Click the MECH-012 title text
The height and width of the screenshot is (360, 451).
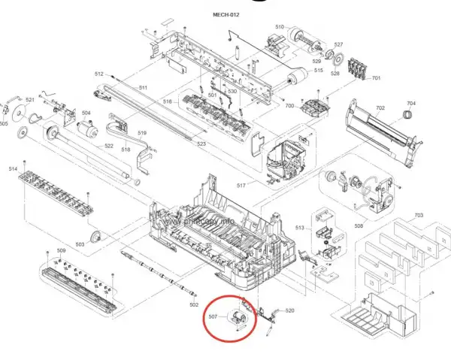(225, 14)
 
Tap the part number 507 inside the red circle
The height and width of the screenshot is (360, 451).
(213, 317)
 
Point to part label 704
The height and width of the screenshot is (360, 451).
(410, 103)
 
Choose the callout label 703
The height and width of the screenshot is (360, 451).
(419, 216)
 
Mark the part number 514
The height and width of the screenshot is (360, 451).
(12, 169)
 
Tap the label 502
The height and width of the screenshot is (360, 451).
(194, 304)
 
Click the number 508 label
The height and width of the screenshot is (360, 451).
(359, 225)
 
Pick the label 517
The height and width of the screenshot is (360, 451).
(241, 186)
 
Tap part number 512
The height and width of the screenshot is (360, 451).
(98, 74)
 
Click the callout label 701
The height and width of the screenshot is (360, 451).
(376, 79)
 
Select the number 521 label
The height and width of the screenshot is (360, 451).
(30, 100)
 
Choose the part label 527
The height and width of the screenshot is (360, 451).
(338, 44)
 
